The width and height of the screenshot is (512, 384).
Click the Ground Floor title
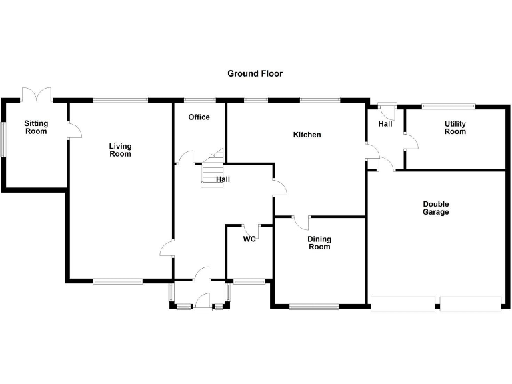[255, 73]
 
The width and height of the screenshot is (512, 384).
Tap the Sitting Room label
[36, 127]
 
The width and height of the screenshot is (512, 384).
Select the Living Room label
[121, 150]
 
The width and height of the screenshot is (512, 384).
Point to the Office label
[199, 117]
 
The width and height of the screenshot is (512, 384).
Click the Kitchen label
[307, 135]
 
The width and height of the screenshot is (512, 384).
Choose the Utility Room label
[455, 128]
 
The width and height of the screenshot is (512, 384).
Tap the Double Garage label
[435, 208]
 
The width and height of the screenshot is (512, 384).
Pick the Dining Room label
[319, 243]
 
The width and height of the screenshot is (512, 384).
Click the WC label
[249, 239]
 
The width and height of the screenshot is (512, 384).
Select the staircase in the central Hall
[213, 170]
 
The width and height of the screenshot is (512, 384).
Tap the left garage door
[403, 304]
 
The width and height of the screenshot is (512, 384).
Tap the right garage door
[470, 304]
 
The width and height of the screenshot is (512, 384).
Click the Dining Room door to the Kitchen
[301, 221]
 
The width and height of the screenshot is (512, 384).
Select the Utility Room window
[448, 105]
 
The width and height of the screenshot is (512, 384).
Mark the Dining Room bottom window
[314, 307]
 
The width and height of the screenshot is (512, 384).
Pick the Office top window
[195, 100]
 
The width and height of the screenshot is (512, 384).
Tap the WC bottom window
[249, 281]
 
